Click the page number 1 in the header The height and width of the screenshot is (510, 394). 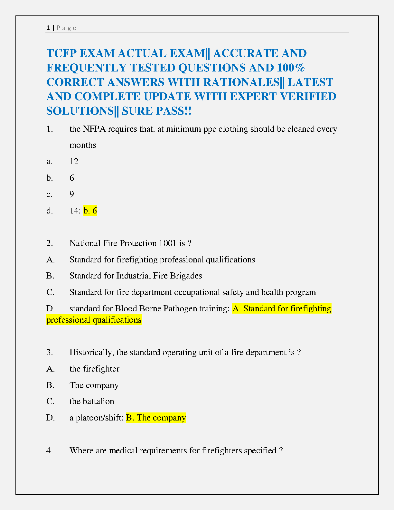point(48,28)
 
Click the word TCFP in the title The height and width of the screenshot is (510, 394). point(63,53)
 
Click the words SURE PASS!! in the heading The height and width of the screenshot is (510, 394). point(156,111)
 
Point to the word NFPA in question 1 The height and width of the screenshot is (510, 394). point(94,129)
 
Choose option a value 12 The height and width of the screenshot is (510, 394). point(74,161)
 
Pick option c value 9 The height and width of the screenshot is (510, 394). point(72,194)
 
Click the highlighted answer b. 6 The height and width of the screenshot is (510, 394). point(90,211)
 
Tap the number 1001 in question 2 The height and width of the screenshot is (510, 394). point(167,243)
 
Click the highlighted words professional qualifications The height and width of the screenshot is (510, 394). point(94,320)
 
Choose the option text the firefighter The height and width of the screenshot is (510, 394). point(94,369)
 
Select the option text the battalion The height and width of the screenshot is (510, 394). point(92,401)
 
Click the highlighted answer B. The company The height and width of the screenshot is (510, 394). point(156,418)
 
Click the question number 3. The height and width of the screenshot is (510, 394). point(49,353)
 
